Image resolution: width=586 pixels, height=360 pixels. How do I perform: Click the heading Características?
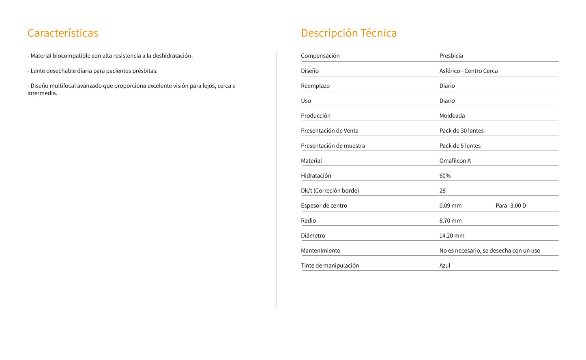tap(63, 33)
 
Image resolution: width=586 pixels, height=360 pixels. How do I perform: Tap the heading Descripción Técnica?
tap(349, 33)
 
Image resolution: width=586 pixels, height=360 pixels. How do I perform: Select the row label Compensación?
tap(320, 56)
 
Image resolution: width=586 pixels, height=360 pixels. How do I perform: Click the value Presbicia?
tap(451, 56)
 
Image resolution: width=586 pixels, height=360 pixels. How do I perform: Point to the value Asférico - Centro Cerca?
tap(468, 71)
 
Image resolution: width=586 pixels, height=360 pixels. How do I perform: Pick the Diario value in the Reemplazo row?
tap(447, 86)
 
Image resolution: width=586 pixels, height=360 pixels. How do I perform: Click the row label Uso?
tap(306, 101)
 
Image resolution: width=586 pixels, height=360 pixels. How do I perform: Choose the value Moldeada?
tap(452, 116)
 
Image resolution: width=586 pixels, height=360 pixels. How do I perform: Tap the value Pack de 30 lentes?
tap(462, 131)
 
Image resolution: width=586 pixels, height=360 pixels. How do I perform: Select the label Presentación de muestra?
tap(333, 146)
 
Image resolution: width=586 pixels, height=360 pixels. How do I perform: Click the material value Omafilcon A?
tap(455, 161)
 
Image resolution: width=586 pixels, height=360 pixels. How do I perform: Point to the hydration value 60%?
tap(445, 176)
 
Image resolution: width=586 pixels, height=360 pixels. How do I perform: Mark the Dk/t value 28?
tap(442, 191)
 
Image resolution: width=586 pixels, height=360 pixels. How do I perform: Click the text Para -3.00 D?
tap(511, 206)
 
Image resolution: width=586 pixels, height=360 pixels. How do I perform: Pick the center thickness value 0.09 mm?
tap(450, 206)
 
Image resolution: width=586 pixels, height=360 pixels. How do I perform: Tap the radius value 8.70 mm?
tap(450, 221)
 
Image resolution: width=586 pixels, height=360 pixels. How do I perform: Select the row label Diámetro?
tap(313, 236)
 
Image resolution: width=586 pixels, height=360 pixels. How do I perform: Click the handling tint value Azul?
tap(444, 266)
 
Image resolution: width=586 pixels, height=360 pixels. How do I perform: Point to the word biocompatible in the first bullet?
tap(71, 56)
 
